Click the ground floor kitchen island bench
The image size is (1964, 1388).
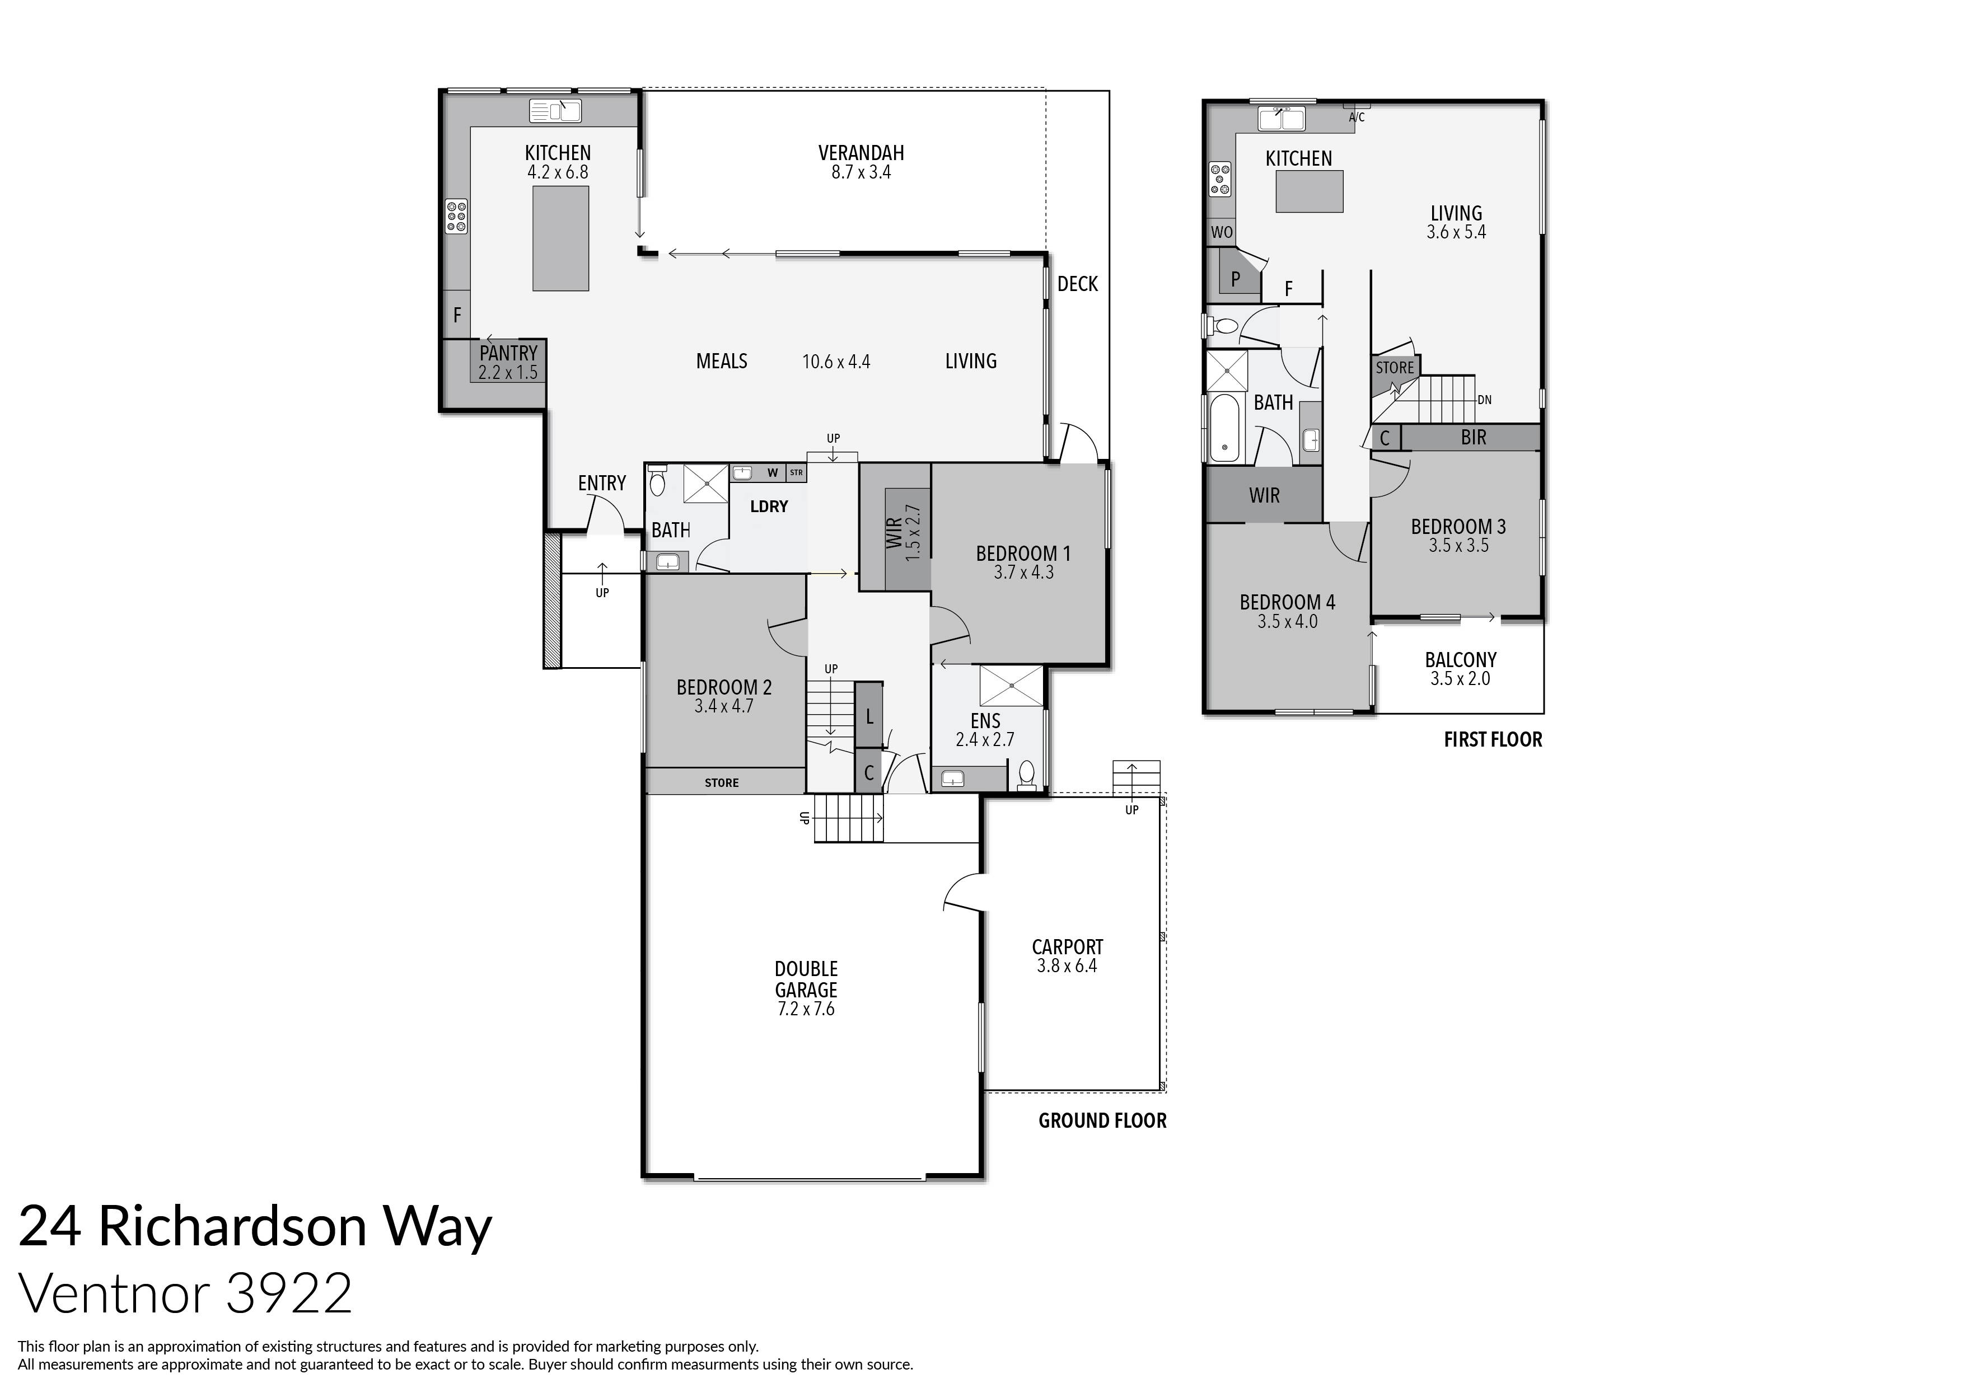pos(560,238)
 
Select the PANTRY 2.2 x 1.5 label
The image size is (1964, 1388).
pos(508,362)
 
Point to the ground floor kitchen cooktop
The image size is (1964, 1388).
pos(456,217)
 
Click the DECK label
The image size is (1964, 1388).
pos(1077,284)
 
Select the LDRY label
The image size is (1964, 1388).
pos(768,507)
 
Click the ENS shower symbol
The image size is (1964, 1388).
pos(1011,685)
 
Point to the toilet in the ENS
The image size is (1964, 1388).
pos(1026,775)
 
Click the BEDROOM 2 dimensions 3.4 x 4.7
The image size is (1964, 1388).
pos(724,706)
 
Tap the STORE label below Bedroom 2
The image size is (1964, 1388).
pos(721,782)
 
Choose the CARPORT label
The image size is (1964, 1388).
pos(1067,947)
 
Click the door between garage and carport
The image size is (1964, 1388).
pos(964,894)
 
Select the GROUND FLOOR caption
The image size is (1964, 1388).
pos(1102,1120)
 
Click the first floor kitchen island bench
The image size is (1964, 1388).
pos(1309,191)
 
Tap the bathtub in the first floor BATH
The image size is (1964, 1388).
pos(1224,428)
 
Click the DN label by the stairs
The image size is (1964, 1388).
pos(1484,400)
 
